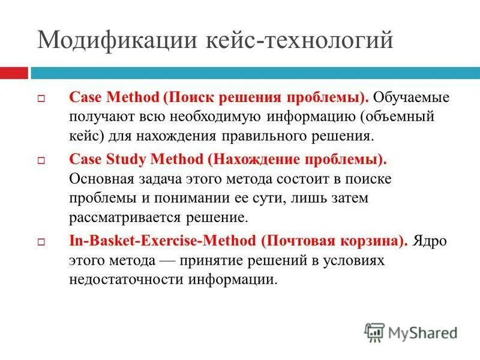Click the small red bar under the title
pyautogui.click(x=13, y=73)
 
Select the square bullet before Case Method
pyautogui.click(x=41, y=98)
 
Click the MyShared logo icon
pyautogui.click(x=375, y=332)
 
